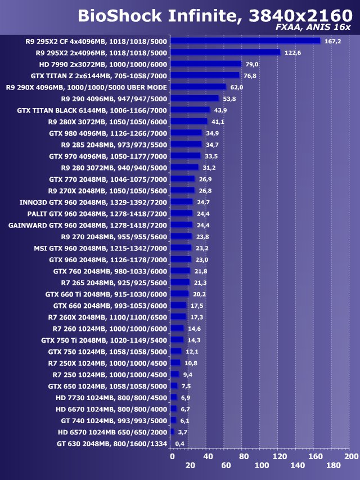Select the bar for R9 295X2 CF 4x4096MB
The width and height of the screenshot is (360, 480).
click(x=245, y=41)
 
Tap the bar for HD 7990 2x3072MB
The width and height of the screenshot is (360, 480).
click(x=206, y=64)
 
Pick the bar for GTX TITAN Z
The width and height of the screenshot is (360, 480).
click(x=205, y=75)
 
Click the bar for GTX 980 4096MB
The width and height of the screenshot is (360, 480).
click(x=186, y=133)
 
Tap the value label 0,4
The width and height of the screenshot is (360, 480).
click(x=180, y=443)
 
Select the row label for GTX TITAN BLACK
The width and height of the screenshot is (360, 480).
click(x=92, y=110)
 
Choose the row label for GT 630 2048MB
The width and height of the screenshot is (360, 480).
click(x=112, y=443)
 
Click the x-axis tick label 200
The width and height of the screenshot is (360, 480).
click(x=351, y=456)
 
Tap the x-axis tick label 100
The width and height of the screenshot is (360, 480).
click(x=262, y=465)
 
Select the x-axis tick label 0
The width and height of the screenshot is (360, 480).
click(x=172, y=456)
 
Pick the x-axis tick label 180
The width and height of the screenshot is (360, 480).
click(x=334, y=465)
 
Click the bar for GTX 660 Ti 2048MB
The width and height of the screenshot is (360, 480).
click(x=179, y=294)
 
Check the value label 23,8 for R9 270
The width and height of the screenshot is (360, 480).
click(x=202, y=236)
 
